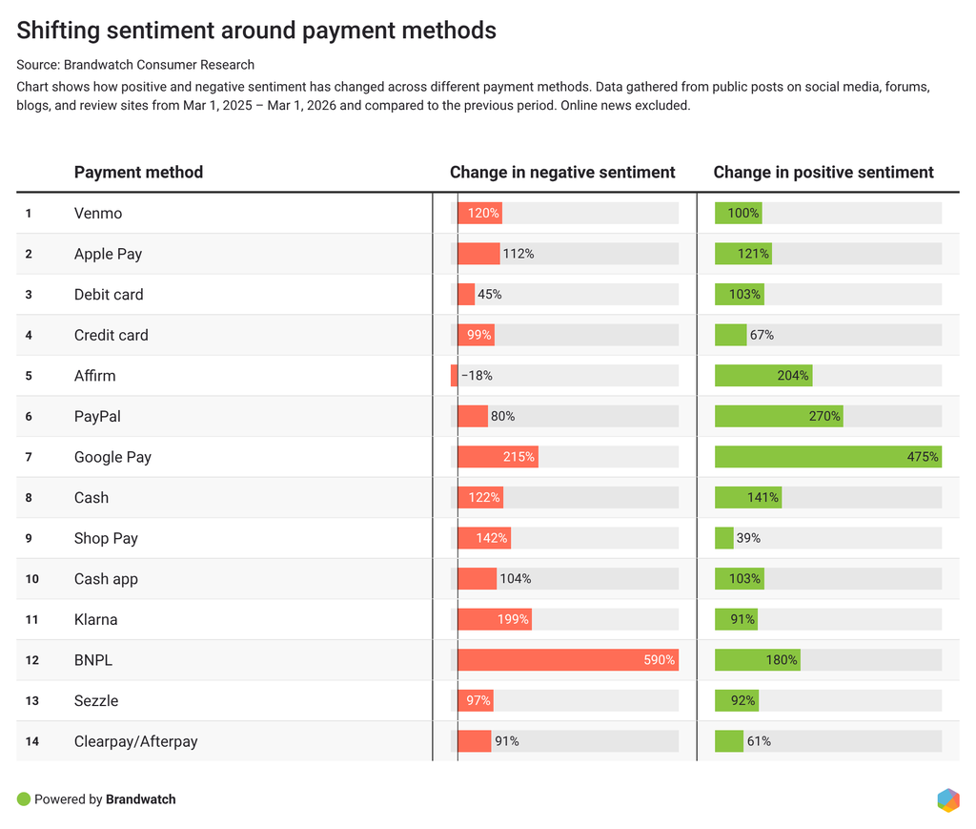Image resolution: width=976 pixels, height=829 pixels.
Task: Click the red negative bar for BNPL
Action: tap(568, 659)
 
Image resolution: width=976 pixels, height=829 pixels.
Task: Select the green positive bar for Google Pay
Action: tap(828, 457)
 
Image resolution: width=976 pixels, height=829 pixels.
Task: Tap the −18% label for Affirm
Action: tap(477, 376)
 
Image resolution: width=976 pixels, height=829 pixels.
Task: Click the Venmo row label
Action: tap(98, 213)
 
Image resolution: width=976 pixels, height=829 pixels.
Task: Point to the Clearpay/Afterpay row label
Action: tap(135, 741)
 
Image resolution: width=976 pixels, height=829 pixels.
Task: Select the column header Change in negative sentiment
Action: tap(562, 172)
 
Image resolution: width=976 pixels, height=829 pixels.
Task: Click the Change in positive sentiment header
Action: tap(823, 172)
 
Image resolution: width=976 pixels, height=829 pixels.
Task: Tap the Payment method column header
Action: tap(138, 172)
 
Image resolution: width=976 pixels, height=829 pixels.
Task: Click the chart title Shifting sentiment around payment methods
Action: tap(256, 30)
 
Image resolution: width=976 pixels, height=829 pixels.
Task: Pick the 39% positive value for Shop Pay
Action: tap(748, 538)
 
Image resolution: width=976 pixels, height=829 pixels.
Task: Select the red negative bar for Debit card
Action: tap(466, 294)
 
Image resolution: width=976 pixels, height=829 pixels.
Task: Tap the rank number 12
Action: tap(31, 660)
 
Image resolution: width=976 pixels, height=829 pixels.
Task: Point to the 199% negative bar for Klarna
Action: tap(495, 619)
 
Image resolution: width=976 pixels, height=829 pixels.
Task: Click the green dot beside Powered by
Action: tap(24, 799)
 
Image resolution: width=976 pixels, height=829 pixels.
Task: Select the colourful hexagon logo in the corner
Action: tap(948, 800)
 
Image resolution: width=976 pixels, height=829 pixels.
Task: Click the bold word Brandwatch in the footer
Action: tap(141, 799)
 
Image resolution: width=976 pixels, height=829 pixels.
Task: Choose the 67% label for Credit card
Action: tap(762, 335)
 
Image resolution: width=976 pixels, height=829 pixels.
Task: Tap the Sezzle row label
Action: tap(96, 701)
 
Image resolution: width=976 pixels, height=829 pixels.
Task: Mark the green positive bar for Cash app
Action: tap(740, 579)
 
